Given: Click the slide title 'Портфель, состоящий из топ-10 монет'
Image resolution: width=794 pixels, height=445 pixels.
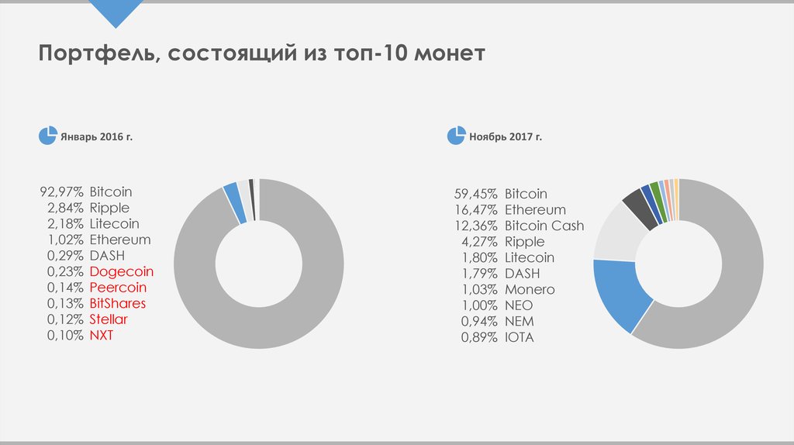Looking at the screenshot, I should pos(262,53).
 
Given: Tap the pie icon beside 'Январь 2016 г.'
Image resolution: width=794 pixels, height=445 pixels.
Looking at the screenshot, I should pos(47,136).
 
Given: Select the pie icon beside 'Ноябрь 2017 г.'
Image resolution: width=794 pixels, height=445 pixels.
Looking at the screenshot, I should pos(455,136).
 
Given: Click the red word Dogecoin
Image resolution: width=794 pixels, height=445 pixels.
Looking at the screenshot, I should pos(121,271).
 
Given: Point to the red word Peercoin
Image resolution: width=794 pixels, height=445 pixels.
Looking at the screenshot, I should pos(118,288).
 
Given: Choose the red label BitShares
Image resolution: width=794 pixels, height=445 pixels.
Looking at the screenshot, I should pos(117,303).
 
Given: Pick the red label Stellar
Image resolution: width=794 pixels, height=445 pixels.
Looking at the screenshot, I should pos(109,319).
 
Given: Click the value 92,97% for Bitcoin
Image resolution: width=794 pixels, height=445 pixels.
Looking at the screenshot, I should pos(61,191).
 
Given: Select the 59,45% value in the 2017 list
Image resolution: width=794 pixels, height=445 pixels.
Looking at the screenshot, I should pos(475,194).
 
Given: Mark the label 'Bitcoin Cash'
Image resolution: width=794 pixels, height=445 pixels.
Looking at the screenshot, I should pos(544,226).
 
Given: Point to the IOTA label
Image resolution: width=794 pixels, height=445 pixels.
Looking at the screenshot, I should pos(520,337).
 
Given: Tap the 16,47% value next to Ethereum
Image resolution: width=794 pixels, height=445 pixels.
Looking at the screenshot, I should pos(475,209).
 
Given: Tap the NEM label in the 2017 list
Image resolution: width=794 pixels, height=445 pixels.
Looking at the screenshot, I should pos(519,321).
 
